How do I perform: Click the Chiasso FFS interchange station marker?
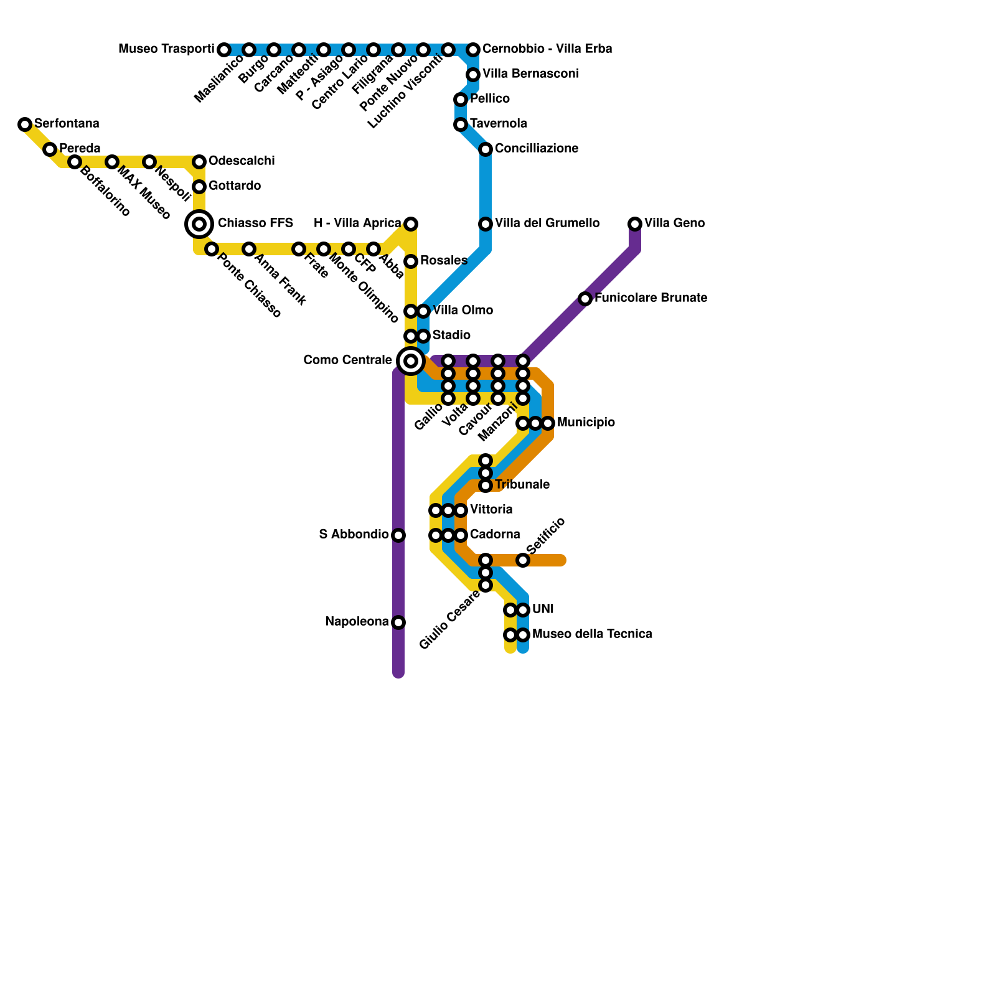click(x=199, y=224)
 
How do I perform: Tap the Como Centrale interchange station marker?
click(x=411, y=361)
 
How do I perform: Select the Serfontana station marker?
click(x=25, y=125)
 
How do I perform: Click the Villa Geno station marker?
click(x=635, y=224)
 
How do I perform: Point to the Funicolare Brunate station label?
click(x=651, y=298)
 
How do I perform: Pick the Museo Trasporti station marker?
click(x=224, y=50)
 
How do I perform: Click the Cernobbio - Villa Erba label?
click(x=547, y=49)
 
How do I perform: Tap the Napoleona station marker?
click(x=398, y=622)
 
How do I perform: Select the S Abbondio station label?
click(x=354, y=535)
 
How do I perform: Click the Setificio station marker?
click(x=523, y=560)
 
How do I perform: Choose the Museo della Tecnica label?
click(x=592, y=634)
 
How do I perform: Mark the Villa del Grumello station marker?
click(x=486, y=224)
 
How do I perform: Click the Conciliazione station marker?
click(x=486, y=149)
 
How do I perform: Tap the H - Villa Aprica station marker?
click(x=411, y=224)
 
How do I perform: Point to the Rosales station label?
click(x=443, y=261)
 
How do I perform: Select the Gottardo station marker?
click(x=199, y=187)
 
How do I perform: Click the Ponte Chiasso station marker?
click(x=212, y=249)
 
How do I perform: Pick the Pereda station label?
click(x=80, y=149)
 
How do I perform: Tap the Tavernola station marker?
click(x=461, y=125)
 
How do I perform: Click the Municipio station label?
click(x=586, y=423)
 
